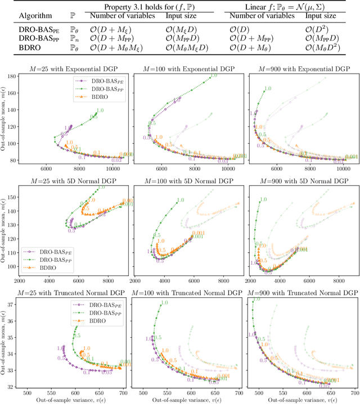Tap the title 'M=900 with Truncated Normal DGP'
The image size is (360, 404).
point(302,293)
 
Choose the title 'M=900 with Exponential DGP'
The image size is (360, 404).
point(302,69)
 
